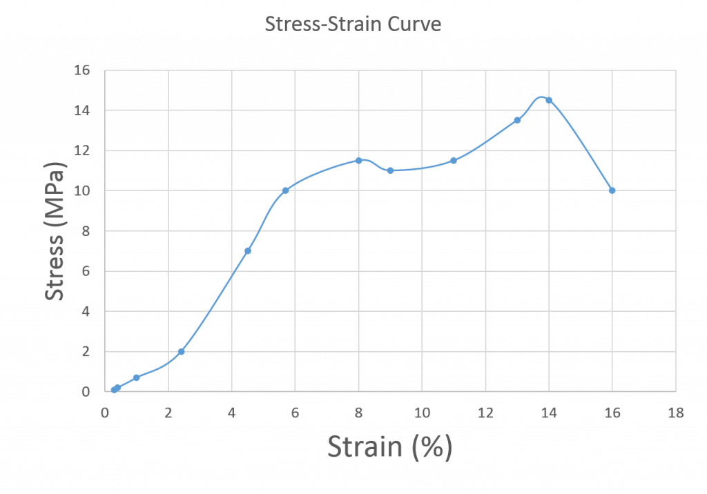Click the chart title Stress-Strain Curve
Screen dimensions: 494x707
point(353,26)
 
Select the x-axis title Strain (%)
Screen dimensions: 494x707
point(389,447)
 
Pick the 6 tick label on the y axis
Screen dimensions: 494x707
point(89,272)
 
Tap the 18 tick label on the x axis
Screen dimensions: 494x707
point(676,413)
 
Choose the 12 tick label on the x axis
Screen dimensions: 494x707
point(485,413)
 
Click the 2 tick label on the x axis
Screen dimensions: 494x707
point(168,413)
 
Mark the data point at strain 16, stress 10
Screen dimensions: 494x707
point(612,190)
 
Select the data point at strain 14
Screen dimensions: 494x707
point(548,100)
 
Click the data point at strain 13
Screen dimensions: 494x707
point(517,120)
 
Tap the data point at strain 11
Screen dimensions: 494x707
point(454,160)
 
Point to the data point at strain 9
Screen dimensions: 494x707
point(390,170)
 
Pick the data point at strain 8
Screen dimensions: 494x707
point(358,160)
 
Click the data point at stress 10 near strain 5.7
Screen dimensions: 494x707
point(285,190)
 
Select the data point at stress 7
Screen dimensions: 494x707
point(247,251)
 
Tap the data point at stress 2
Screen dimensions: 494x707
point(181,351)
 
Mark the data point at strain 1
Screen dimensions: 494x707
point(136,377)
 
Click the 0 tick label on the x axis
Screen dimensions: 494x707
point(105,413)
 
